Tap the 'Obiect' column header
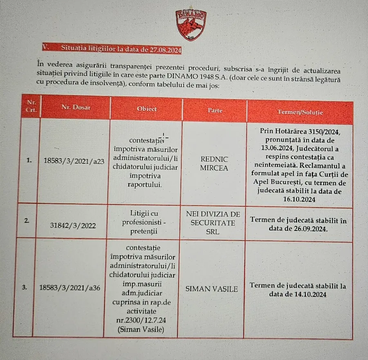coord(147,109)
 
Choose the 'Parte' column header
coord(215,110)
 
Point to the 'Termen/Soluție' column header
coord(300,112)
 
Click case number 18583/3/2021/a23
coord(74,161)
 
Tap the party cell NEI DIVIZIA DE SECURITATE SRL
coord(213,223)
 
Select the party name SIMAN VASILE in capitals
coord(211,289)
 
